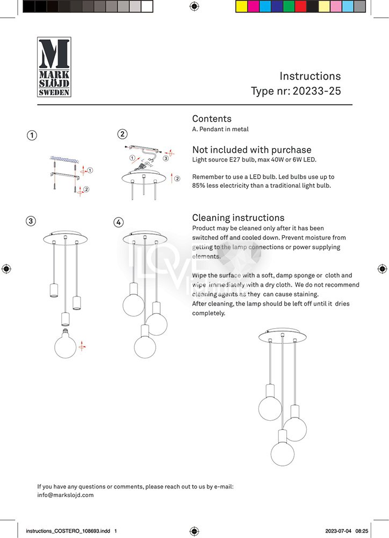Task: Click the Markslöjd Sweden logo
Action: pyautogui.click(x=54, y=67)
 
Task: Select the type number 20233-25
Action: pyautogui.click(x=316, y=91)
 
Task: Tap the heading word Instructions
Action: pyautogui.click(x=310, y=76)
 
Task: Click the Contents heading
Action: pyautogui.click(x=212, y=119)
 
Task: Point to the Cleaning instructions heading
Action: pyautogui.click(x=238, y=218)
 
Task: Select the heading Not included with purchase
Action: pyautogui.click(x=251, y=150)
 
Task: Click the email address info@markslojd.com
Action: pyautogui.click(x=66, y=495)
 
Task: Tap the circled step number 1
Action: pyautogui.click(x=32, y=135)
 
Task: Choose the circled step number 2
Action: pyautogui.click(x=123, y=134)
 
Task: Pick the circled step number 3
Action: pyautogui.click(x=32, y=221)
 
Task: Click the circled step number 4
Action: pyautogui.click(x=118, y=222)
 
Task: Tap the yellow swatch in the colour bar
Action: pyautogui.click(x=242, y=6)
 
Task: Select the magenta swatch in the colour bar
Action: pyautogui.click(x=254, y=6)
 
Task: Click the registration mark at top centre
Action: pyautogui.click(x=195, y=6)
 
